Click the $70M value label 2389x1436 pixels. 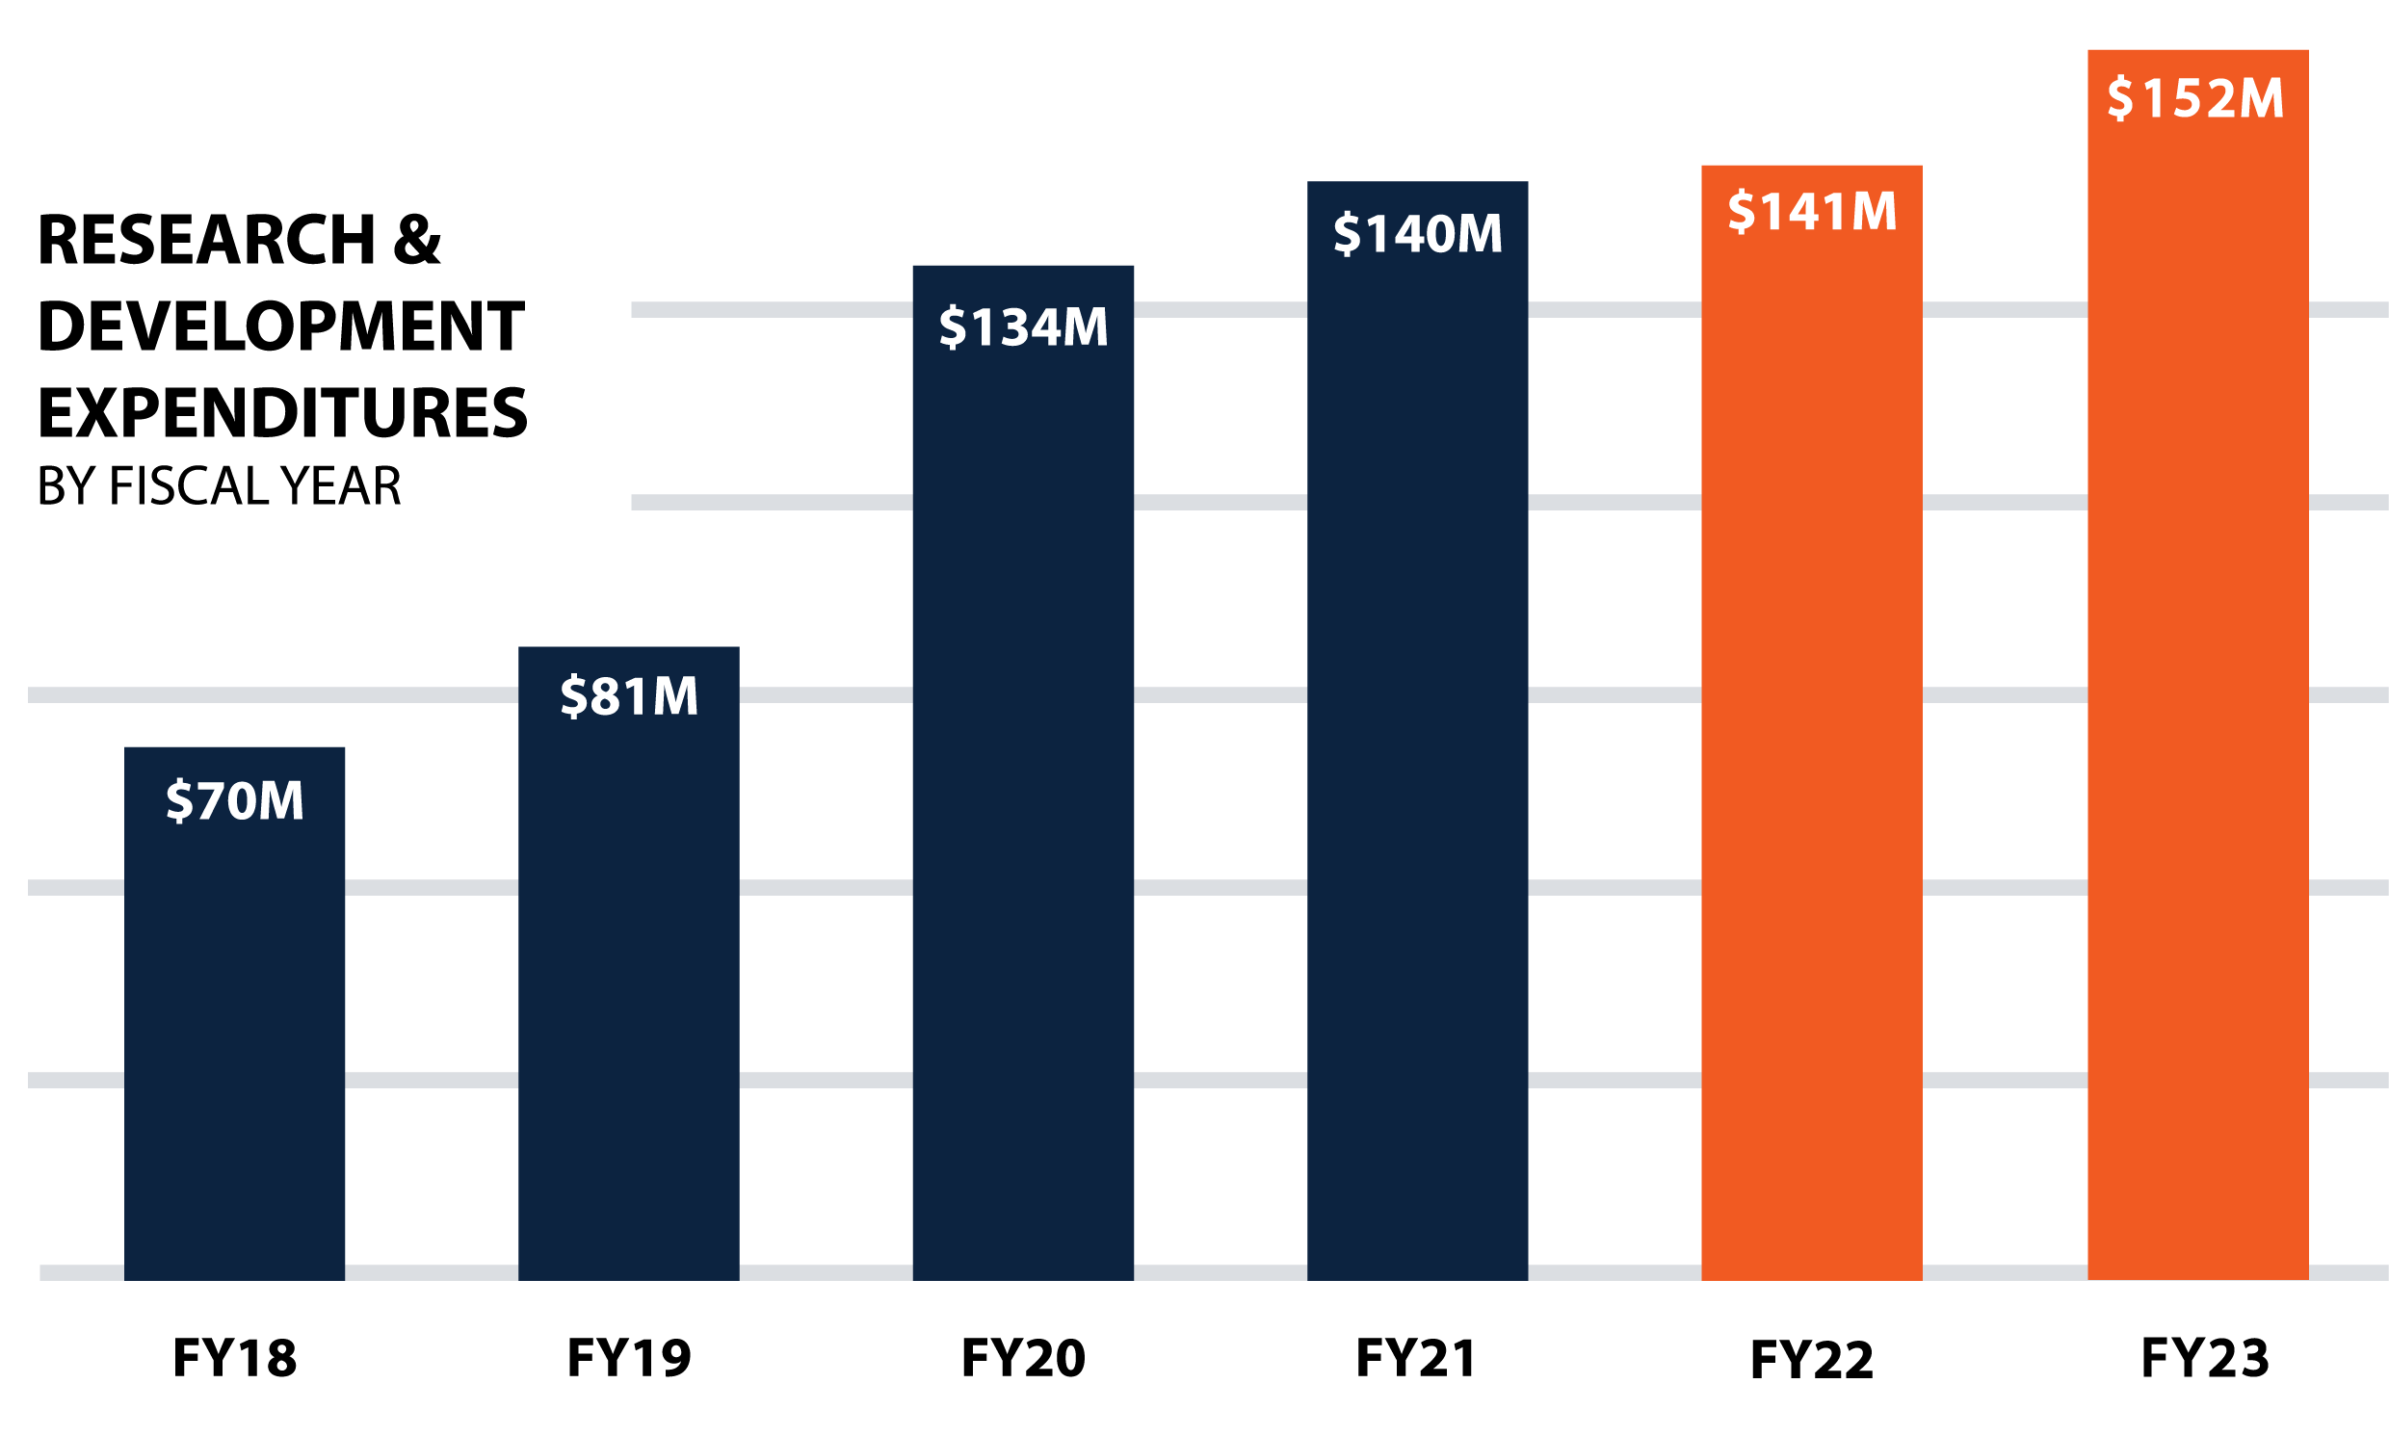(234, 801)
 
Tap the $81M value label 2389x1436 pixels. (629, 695)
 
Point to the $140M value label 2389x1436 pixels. (1418, 233)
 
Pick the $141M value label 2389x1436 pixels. (1811, 211)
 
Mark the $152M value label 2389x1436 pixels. (2196, 97)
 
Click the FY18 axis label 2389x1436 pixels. (234, 1358)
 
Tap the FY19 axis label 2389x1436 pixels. (629, 1358)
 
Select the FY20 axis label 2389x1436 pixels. (1023, 1358)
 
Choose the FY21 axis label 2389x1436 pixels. (1417, 1358)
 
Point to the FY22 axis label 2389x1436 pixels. (1811, 1360)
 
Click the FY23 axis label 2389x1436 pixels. (2205, 1358)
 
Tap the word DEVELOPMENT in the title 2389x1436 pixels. (280, 326)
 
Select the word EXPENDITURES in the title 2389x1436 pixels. (282, 413)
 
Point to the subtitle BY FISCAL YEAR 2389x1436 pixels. (219, 485)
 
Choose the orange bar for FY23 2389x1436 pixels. (2197, 726)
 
